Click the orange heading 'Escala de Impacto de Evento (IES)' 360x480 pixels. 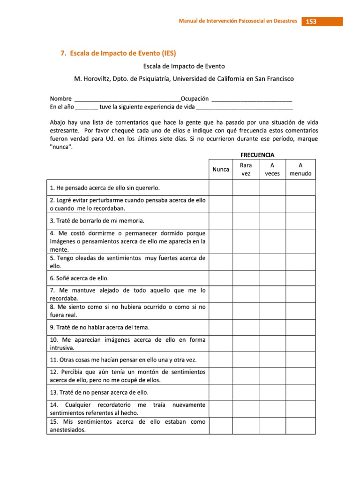point(120,53)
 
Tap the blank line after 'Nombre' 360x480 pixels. point(127,100)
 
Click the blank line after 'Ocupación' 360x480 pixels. point(252,100)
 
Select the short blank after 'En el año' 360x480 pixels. point(86,108)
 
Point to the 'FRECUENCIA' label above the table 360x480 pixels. point(257,154)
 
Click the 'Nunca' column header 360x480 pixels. point(220,169)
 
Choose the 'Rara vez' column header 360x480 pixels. point(246,169)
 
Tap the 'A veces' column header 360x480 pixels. point(272,169)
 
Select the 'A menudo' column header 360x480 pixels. point(300,169)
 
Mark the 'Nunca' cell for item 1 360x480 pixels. point(220,188)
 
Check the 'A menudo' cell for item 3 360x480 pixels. point(300,220)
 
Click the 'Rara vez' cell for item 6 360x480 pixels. point(246,277)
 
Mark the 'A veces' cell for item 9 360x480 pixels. point(272,327)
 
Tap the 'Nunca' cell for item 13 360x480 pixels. point(220,392)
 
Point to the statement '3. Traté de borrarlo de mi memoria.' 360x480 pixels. point(97,220)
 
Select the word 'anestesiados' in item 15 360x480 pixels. point(67,430)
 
